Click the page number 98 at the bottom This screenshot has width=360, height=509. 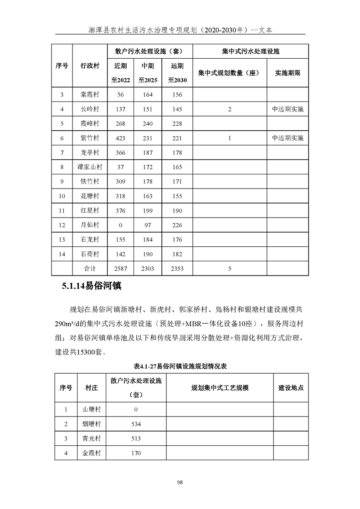point(180,483)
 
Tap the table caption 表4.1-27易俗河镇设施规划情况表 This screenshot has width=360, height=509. point(180,366)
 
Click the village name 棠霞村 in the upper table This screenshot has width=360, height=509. point(89,95)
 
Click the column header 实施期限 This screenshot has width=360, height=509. point(288,72)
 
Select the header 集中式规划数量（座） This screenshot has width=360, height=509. point(229,72)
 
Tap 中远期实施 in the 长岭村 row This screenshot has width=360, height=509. point(288,109)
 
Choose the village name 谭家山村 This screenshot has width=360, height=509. point(89,167)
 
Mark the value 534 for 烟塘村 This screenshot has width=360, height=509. point(135,424)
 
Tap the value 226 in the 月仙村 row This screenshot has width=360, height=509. point(177,225)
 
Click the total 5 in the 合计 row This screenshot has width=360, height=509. point(230,269)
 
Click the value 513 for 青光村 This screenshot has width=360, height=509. point(135,438)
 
